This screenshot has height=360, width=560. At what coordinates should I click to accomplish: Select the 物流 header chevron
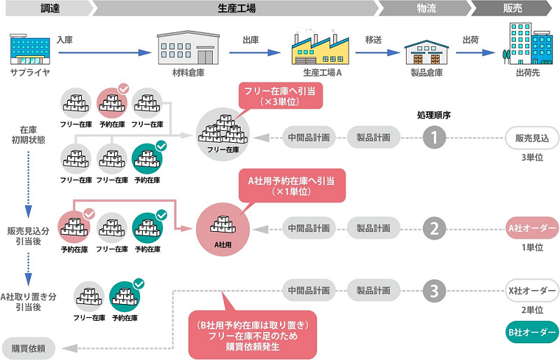[x=423, y=8]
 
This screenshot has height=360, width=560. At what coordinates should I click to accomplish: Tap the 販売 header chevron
[x=514, y=8]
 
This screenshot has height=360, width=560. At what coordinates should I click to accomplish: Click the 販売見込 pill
[x=531, y=137]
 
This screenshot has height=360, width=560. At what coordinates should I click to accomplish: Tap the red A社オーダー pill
[x=531, y=228]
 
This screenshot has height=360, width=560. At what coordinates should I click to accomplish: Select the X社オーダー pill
[x=531, y=289]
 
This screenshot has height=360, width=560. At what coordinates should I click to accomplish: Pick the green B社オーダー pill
[x=531, y=331]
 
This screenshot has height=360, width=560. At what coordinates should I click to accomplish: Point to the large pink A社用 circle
[x=223, y=228]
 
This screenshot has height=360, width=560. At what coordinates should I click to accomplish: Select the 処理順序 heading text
[x=433, y=115]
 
